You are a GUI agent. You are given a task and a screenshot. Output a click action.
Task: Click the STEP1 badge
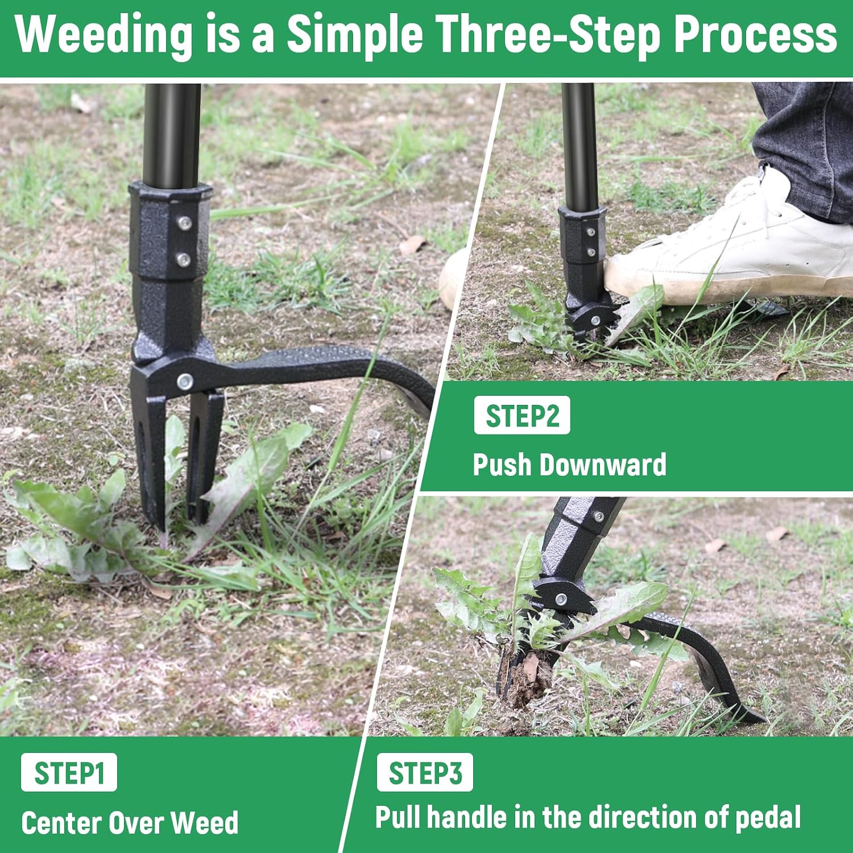pos(69,772)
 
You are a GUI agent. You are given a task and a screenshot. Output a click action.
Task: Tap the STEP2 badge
pos(522,415)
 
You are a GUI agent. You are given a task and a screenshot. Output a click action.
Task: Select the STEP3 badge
pos(425,772)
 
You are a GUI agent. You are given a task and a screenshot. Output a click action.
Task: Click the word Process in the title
pos(756,34)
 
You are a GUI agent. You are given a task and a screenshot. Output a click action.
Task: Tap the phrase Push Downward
pos(569,465)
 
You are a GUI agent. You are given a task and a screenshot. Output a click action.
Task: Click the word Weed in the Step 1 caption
pos(204,822)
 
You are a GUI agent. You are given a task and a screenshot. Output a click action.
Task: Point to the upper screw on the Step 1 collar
pos(183,223)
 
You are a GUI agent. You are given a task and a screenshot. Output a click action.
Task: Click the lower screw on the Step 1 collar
pos(183,260)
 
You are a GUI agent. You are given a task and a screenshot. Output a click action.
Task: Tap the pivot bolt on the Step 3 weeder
pos(561,598)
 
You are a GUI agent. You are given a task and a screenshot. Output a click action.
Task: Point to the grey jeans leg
pos(808,148)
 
